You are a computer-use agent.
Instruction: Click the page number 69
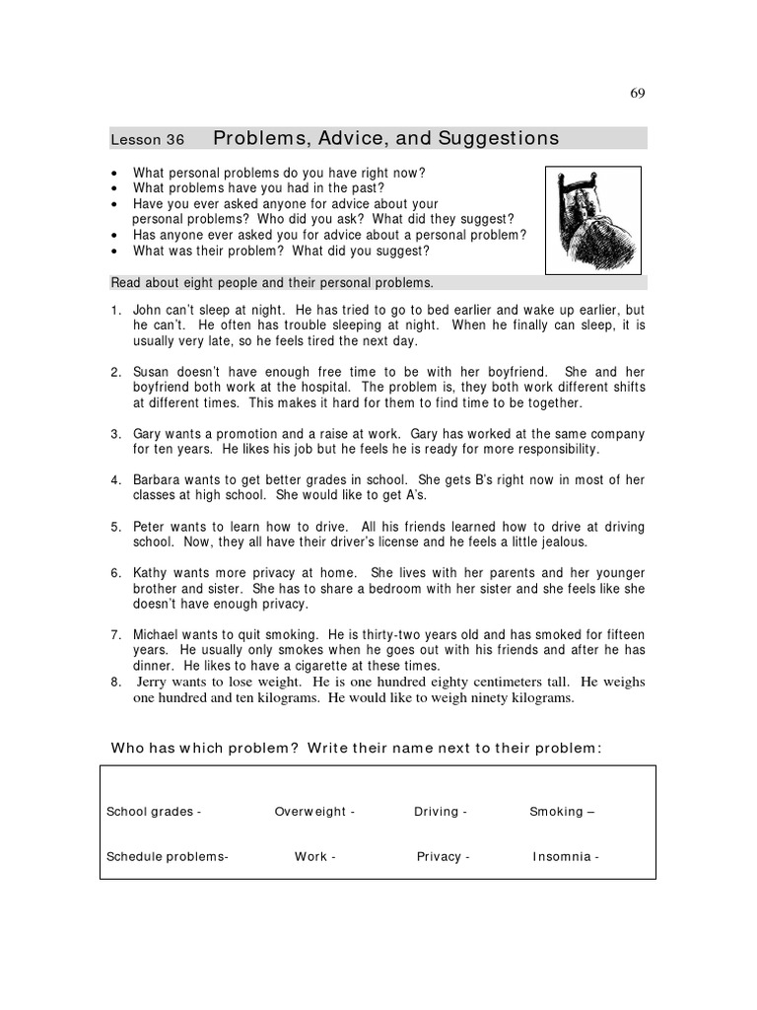coord(637,94)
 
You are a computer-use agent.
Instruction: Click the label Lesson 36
coord(147,140)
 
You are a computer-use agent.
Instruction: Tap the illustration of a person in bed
coord(593,219)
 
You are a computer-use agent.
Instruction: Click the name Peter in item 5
coord(152,527)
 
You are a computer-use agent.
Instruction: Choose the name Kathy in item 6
coord(152,573)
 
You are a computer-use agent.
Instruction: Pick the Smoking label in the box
coord(557,812)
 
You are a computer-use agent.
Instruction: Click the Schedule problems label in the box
coord(167,857)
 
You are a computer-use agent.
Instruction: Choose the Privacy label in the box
coord(439,857)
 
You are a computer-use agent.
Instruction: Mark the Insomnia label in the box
coord(562,857)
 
